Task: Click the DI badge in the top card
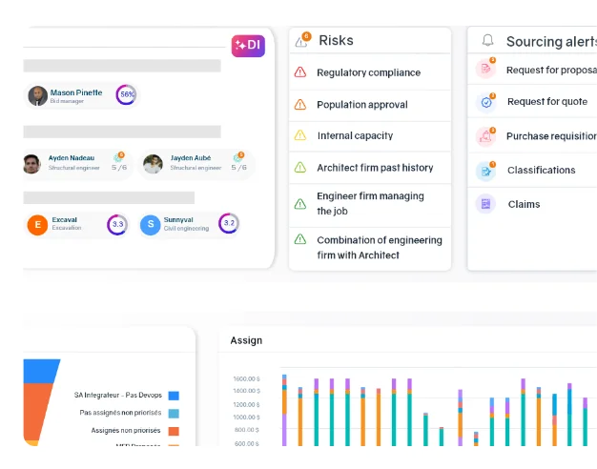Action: (248, 45)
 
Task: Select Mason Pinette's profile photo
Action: (38, 95)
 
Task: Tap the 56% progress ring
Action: (126, 95)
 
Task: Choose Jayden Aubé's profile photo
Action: (153, 164)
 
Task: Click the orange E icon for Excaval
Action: (37, 225)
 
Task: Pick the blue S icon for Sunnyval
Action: (150, 225)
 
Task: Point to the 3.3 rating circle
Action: (117, 225)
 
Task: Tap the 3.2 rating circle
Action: (228, 224)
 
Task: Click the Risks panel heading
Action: (336, 41)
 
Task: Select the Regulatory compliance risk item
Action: (368, 72)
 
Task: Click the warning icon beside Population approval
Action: (300, 105)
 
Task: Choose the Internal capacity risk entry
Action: (355, 136)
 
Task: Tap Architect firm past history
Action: (375, 168)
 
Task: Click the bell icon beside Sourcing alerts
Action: (488, 41)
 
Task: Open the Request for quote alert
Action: (546, 102)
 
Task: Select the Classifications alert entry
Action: (541, 171)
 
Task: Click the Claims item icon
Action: (485, 204)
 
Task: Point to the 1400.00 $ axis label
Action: (246, 391)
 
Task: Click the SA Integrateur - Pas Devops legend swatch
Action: (174, 396)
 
